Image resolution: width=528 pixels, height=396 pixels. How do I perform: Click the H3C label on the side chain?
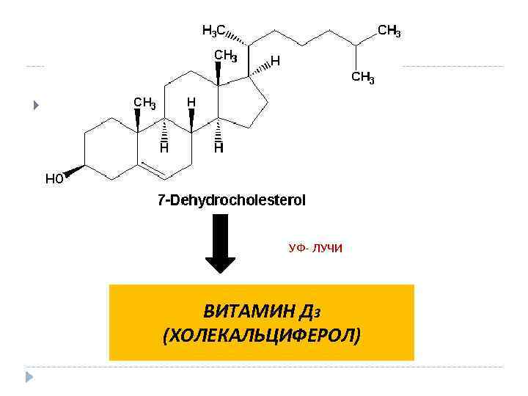tap(213, 31)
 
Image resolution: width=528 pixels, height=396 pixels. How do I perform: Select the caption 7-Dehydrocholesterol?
tap(232, 200)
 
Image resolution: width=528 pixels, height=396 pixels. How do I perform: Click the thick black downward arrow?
tap(220, 243)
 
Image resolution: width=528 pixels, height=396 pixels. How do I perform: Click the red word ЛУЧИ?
tap(327, 249)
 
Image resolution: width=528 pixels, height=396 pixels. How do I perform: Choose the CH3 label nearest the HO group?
tap(144, 103)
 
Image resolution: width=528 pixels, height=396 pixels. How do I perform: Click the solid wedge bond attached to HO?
tap(74, 172)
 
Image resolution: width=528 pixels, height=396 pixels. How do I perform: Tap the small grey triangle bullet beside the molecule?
tap(34, 106)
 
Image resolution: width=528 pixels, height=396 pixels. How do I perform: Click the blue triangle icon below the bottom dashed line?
tap(29, 378)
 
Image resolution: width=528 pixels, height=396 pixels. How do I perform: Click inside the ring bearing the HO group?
tap(111, 147)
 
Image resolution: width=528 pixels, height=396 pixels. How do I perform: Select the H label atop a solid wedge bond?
tap(191, 102)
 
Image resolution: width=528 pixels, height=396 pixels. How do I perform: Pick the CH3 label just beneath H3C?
tap(224, 56)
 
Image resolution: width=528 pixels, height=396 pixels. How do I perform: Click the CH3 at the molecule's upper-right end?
tap(389, 31)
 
